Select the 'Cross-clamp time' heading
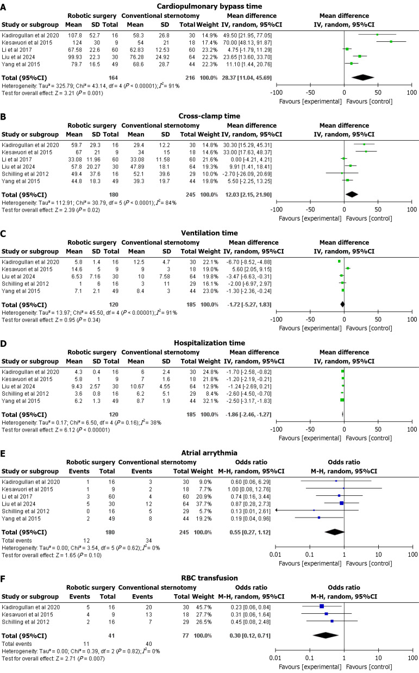point(210,116)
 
